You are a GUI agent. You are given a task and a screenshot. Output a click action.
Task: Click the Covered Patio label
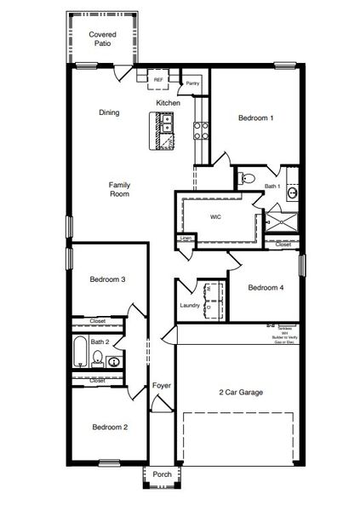[101, 38]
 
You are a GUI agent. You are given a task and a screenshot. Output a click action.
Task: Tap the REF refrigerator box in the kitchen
[158, 80]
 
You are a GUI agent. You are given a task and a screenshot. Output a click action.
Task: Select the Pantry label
[193, 83]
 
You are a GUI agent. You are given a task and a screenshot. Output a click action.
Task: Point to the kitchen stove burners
[203, 130]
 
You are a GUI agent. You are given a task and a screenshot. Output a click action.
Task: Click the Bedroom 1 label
[255, 118]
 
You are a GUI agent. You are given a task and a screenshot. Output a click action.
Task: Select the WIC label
[216, 217]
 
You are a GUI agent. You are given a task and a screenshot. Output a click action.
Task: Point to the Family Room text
[118, 189]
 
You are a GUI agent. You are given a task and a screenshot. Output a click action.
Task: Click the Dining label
[109, 112]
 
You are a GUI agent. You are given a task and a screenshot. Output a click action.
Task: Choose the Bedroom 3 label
[109, 279]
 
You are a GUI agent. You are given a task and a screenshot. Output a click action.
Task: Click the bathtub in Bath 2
[79, 352]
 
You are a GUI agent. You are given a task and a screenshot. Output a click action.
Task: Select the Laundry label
[190, 306]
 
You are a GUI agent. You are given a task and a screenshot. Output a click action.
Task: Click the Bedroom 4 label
[266, 288]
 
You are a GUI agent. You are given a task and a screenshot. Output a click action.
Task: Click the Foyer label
[162, 386]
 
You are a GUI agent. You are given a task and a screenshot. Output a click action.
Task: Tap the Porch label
[162, 474]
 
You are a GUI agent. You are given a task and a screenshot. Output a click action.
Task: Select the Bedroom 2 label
[110, 427]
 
